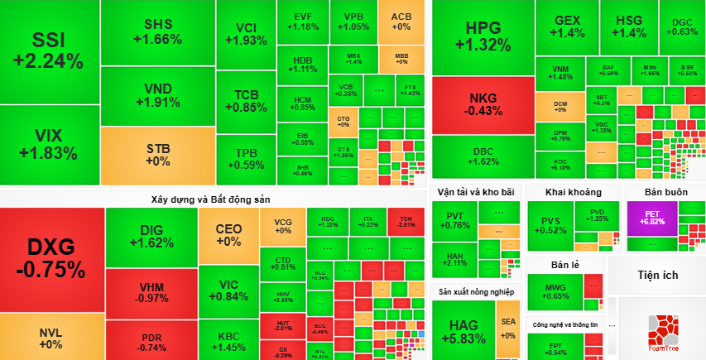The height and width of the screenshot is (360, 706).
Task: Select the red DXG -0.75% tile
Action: point(51,258)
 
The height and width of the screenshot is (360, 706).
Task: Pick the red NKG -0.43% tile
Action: point(483,104)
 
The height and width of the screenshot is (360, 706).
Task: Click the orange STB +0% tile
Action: point(157,155)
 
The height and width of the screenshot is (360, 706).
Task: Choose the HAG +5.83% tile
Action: point(463,329)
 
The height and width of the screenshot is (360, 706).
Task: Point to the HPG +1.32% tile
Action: point(483,36)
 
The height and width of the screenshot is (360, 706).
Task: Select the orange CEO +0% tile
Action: point(228,235)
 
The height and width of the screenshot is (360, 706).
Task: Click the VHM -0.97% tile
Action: point(151,292)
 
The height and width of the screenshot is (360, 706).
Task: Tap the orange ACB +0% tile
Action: point(401,22)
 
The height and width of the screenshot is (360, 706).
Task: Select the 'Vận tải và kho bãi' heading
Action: point(476,192)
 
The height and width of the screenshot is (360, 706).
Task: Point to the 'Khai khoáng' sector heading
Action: point(574,192)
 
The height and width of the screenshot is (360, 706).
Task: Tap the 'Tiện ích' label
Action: point(658,275)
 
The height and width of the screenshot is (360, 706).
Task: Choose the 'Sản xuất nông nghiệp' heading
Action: point(477,292)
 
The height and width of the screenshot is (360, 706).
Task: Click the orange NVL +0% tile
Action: point(51,338)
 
